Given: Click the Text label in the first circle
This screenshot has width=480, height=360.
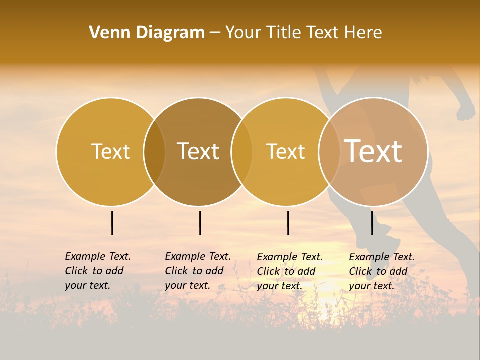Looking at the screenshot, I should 110,151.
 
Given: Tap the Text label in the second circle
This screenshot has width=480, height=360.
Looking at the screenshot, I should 198,151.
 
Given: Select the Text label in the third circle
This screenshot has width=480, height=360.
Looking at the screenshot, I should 285,151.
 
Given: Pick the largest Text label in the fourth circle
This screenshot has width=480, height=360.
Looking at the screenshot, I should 373,151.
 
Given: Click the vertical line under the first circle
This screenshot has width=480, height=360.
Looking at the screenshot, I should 112,223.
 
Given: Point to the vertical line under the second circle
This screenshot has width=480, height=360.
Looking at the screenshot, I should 200,223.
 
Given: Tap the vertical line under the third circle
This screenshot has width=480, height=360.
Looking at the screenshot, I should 288,223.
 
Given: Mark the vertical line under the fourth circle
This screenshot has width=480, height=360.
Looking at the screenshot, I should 372,223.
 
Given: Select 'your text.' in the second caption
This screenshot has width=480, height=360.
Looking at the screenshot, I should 187,285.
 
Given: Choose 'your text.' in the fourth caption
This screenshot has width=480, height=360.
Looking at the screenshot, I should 371,286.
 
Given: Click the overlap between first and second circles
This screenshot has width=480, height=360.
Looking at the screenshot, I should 154,151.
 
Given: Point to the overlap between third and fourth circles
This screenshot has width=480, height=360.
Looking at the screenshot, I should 329,151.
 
